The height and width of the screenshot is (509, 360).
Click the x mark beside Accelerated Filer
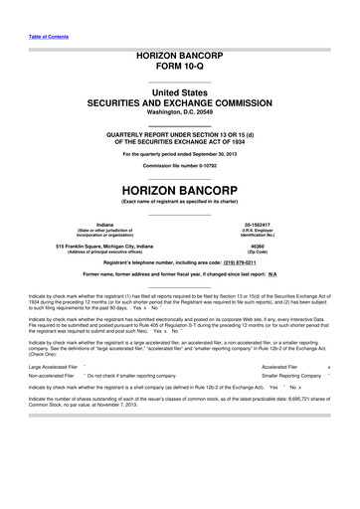point(342,395)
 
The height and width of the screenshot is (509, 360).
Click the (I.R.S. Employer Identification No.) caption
point(270,236)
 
